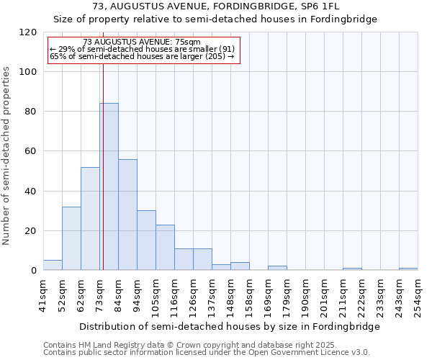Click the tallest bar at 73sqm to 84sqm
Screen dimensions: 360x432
pos(109,186)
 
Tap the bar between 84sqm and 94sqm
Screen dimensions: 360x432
pos(127,215)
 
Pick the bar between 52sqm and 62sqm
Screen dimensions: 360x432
pos(71,238)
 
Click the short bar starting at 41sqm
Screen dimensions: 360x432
pos(53,265)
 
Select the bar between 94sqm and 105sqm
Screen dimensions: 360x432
pos(146,240)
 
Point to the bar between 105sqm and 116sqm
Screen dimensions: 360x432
pos(165,247)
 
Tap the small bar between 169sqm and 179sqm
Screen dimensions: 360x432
pos(277,268)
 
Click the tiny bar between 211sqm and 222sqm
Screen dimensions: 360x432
pos(352,269)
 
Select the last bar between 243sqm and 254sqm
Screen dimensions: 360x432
pos(408,269)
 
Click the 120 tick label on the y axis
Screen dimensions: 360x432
pos(28,32)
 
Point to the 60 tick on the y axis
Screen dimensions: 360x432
pos(31,151)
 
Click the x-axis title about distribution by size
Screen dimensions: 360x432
pos(230,326)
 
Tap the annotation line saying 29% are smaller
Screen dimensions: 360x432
pos(141,49)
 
